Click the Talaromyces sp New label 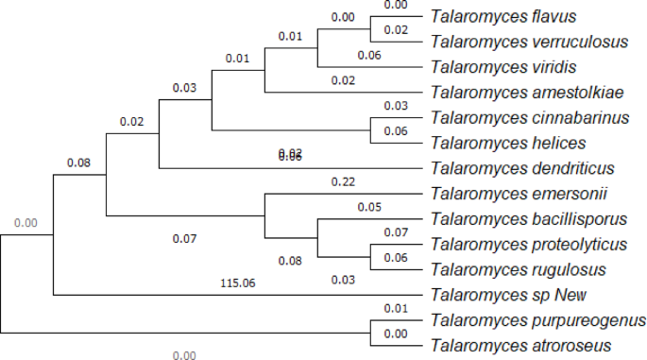[496, 295]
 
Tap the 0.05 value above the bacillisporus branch [368, 207]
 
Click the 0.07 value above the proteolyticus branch [396, 232]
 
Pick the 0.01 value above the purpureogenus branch [396, 308]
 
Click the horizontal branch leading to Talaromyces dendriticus [283, 168]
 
